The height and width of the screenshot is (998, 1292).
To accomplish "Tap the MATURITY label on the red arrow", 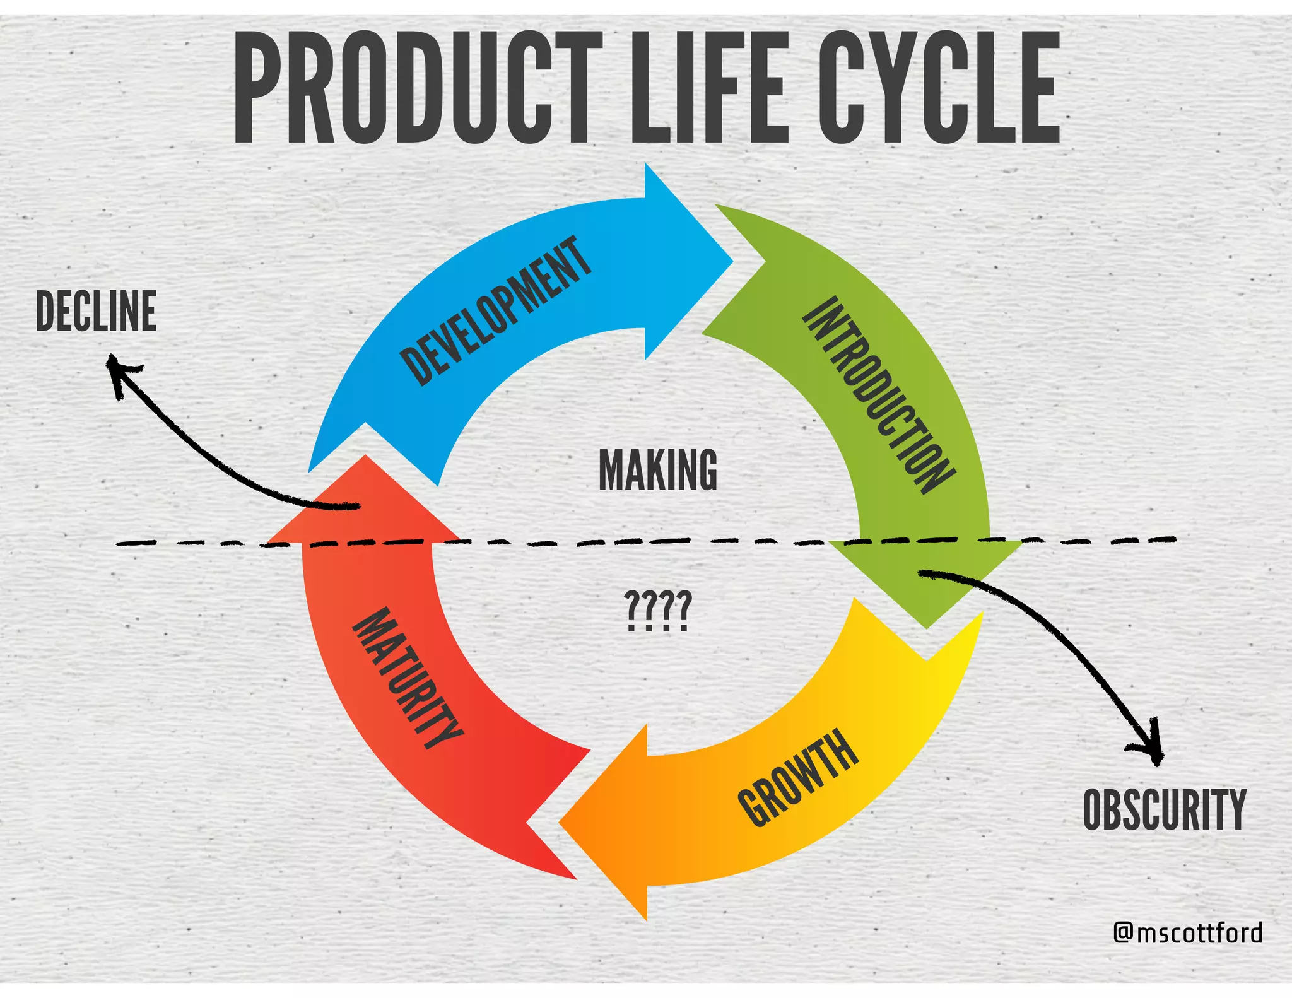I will (x=408, y=678).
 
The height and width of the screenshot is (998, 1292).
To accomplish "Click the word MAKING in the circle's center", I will (x=657, y=469).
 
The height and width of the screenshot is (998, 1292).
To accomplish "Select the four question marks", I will (x=657, y=610).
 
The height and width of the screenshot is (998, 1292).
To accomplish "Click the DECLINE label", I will (x=96, y=312).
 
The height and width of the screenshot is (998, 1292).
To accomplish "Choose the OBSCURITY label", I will (x=1165, y=809).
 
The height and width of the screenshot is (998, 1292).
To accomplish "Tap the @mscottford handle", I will (x=1188, y=932).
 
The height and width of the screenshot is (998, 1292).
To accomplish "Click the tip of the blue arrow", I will (x=732, y=261).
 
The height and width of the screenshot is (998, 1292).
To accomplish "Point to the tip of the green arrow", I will (x=926, y=627).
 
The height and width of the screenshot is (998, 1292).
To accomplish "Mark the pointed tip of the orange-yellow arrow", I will (x=560, y=822).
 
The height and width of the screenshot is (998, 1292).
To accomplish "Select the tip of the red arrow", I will (x=365, y=456).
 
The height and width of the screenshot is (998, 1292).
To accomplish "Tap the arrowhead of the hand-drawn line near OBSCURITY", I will (x=1156, y=762).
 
